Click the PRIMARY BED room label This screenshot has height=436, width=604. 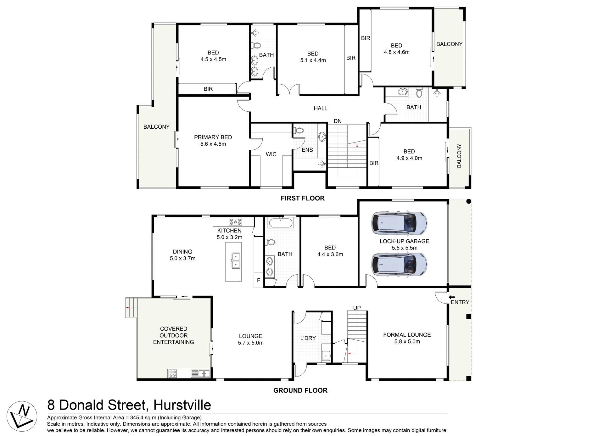pyautogui.click(x=213, y=137)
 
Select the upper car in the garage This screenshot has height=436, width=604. pyautogui.click(x=399, y=223)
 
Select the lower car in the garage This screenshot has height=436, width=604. pyautogui.click(x=399, y=264)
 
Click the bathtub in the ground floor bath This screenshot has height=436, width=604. pyautogui.click(x=280, y=223)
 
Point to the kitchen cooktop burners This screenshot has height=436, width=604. pyautogui.click(x=235, y=221)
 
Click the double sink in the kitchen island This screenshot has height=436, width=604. pyautogui.click(x=236, y=260)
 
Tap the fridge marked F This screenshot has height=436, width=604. pyautogui.click(x=259, y=280)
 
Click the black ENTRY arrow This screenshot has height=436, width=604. pyautogui.click(x=452, y=297)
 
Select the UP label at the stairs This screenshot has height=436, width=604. pyautogui.click(x=357, y=308)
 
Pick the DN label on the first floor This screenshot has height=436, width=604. pyautogui.click(x=338, y=121)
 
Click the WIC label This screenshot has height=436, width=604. pyautogui.click(x=271, y=154)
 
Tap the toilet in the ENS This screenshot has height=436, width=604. pyautogui.click(x=299, y=130)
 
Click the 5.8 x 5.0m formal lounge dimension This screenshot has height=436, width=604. pyautogui.click(x=407, y=342)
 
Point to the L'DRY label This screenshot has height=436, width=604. pyautogui.click(x=308, y=338)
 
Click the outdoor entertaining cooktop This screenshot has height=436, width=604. pyautogui.click(x=173, y=374)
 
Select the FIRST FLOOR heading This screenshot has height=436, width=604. pyautogui.click(x=303, y=198)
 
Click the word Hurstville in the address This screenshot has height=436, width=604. pyautogui.click(x=182, y=405)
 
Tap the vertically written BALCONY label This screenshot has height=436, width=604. pyautogui.click(x=459, y=156)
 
